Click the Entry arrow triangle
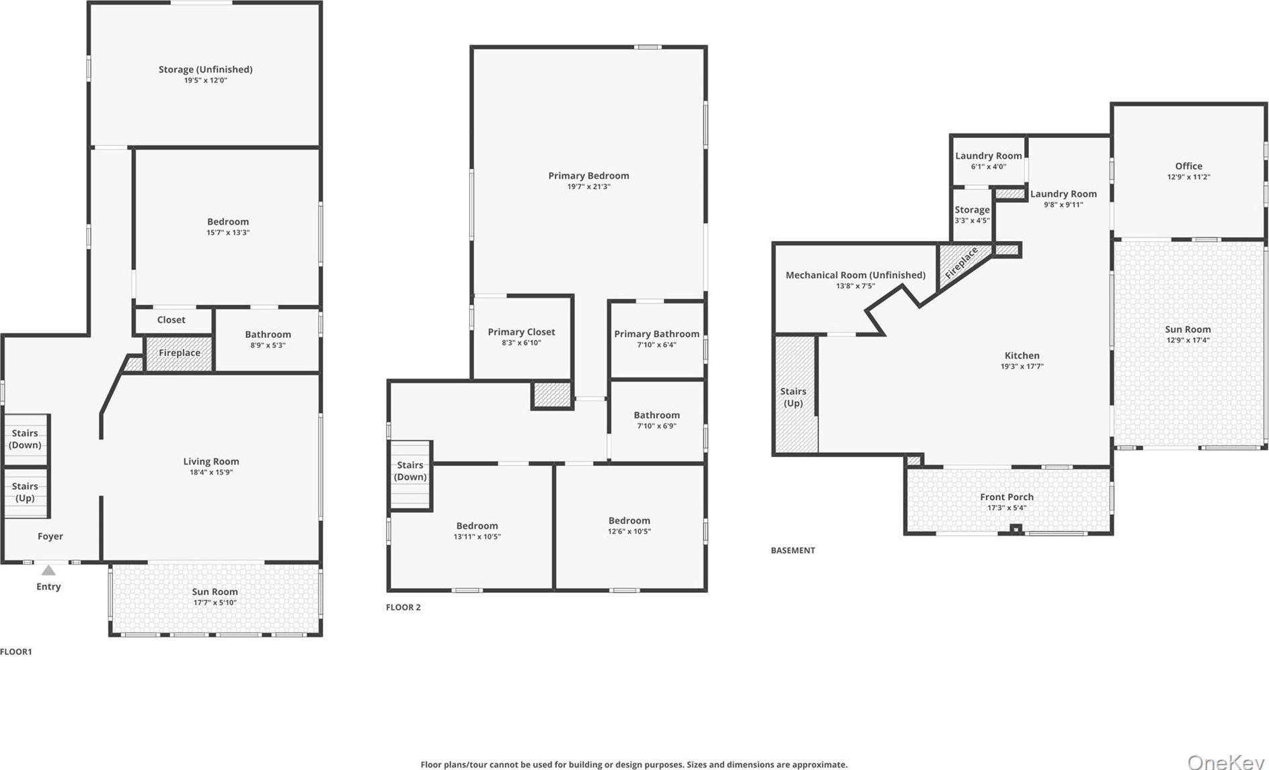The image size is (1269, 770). point(48,571)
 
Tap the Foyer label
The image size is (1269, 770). point(50,536)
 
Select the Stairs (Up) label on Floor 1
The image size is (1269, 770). point(25,492)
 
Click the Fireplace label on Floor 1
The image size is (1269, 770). point(180,353)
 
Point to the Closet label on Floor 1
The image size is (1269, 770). point(171,320)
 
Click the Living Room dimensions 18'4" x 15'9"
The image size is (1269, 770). point(211,473)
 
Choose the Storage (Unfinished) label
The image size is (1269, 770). point(206,69)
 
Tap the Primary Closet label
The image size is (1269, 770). point(521,332)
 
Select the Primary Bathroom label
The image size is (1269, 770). point(656,334)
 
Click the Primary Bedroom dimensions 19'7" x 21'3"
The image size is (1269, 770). point(588,186)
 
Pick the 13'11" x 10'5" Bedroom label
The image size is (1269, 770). point(477,526)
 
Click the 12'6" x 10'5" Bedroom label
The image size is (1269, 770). point(629,521)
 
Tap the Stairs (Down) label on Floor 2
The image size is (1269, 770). point(410,470)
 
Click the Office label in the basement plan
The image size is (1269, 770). point(1188,166)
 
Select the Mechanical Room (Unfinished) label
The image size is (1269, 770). point(855,275)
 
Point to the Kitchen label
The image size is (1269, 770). point(1022,355)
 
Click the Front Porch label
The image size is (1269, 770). point(1007,497)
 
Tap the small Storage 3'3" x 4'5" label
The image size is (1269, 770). point(972,210)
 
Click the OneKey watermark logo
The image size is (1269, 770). point(1226,761)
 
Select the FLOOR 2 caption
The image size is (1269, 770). point(403,607)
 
